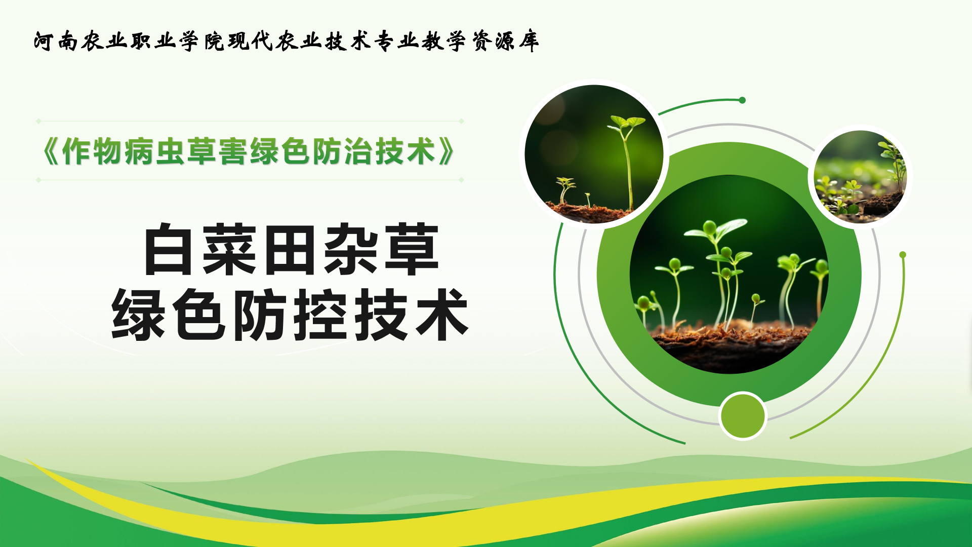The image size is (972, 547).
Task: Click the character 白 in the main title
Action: tap(169, 250)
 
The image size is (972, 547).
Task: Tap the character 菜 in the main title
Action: tap(229, 250)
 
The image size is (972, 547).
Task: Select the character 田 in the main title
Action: tap(290, 250)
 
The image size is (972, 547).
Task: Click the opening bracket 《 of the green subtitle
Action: tap(51, 151)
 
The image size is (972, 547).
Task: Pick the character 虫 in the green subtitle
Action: tap(170, 151)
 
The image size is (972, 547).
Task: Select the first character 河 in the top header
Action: tap(44, 41)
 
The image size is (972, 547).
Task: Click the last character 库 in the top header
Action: tap(529, 41)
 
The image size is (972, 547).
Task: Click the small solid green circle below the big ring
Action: tap(743, 416)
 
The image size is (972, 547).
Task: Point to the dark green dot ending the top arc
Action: tap(742, 100)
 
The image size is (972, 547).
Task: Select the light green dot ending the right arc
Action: tap(903, 255)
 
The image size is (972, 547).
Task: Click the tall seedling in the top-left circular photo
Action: tap(628, 162)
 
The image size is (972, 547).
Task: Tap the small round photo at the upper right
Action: tap(860, 177)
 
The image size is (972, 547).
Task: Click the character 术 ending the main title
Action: tap(442, 315)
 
